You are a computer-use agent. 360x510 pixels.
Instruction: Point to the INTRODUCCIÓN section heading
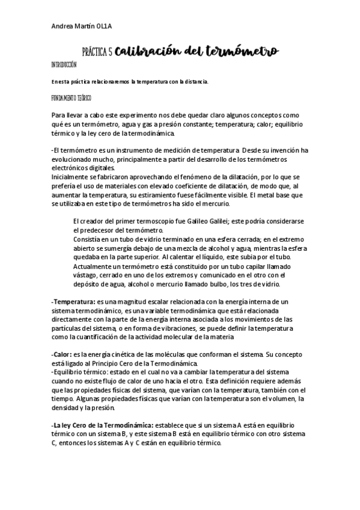[65, 64]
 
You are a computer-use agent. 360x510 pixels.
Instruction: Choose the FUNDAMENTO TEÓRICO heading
[72, 97]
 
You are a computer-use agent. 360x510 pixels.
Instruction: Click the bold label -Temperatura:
[73, 301]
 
